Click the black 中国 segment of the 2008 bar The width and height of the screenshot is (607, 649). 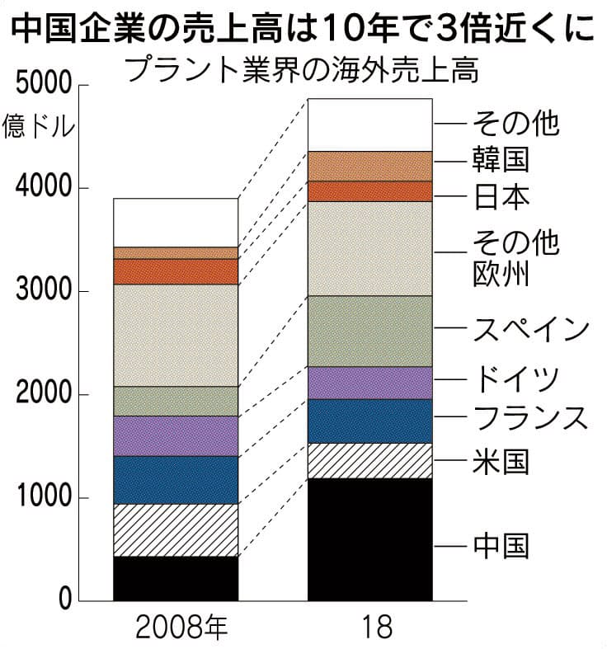(175, 578)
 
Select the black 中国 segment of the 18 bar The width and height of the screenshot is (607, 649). (369, 539)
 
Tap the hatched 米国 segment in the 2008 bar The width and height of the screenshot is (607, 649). (175, 530)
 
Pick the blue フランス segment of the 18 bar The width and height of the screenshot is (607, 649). (369, 421)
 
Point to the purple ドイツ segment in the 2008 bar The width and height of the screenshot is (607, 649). (175, 435)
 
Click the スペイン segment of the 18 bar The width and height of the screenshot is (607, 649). (369, 331)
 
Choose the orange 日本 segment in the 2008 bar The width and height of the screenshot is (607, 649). (175, 271)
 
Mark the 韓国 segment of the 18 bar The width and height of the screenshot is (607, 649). (369, 166)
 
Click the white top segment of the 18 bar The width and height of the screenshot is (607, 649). (369, 125)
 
